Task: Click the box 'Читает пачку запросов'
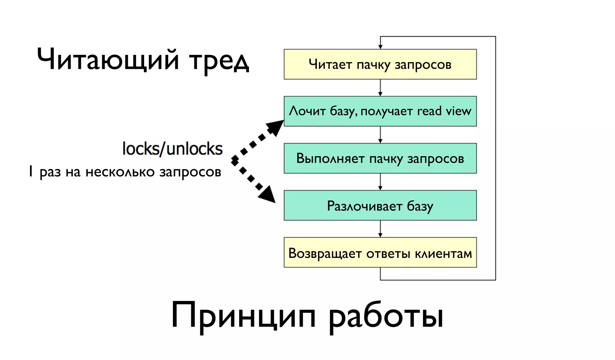point(380,64)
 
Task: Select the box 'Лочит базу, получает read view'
point(380,111)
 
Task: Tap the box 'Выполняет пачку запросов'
point(380,158)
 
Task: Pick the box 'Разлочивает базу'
point(380,205)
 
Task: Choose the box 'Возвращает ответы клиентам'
point(380,253)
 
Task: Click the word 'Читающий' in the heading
point(108,59)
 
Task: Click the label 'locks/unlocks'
point(172,149)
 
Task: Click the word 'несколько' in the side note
point(120,172)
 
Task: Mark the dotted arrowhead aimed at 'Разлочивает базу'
point(267,194)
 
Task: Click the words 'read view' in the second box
point(444,111)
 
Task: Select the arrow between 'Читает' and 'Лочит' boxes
point(380,88)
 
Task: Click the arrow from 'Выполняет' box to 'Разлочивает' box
point(380,182)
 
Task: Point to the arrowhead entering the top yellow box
point(380,47)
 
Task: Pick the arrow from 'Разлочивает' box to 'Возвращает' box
point(380,229)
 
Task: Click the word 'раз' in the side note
point(50,172)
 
